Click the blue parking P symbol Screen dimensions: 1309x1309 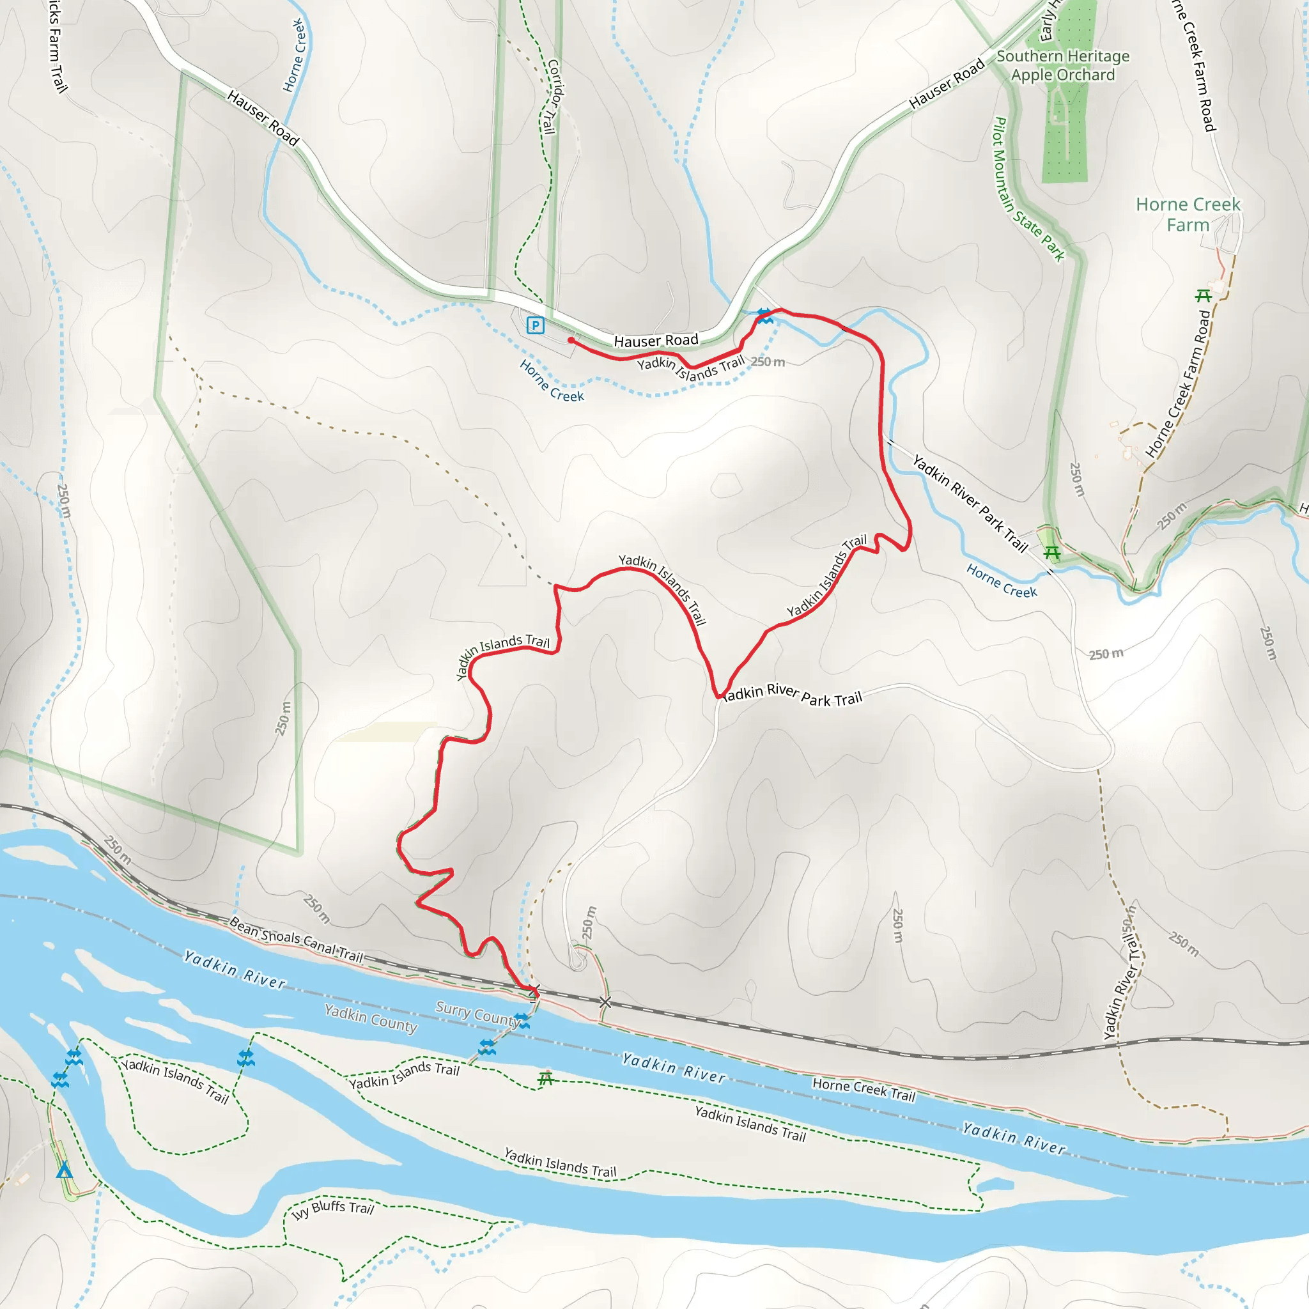pos(535,326)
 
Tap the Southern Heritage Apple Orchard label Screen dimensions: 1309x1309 pos(1062,66)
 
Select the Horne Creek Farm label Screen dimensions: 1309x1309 pos(1188,214)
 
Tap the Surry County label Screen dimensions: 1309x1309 pos(477,1014)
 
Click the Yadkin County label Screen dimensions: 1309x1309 pos(371,1018)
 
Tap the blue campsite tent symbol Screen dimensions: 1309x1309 pos(65,1170)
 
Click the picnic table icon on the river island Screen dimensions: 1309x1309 pos(545,1078)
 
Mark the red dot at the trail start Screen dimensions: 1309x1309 pos(572,341)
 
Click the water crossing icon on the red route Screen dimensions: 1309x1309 pos(765,316)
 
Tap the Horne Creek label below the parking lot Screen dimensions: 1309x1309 pos(552,381)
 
